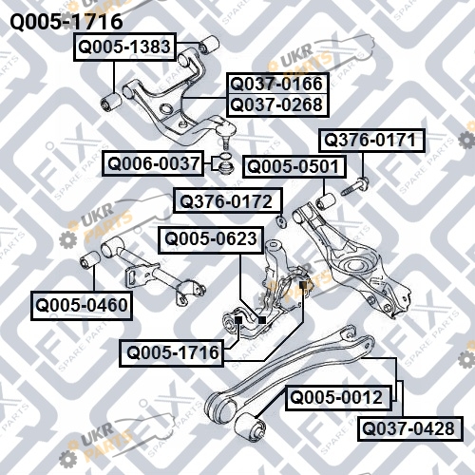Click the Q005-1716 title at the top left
click(x=66, y=22)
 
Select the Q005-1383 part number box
click(x=124, y=47)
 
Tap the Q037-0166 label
click(x=276, y=84)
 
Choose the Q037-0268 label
click(x=276, y=105)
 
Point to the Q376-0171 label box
click(x=371, y=141)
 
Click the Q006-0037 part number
click(x=153, y=163)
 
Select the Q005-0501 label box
click(x=294, y=166)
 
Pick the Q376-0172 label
click(x=227, y=201)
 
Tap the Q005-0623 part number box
click(x=211, y=239)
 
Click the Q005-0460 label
click(x=82, y=305)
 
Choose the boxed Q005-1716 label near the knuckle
click(x=171, y=352)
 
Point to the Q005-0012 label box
click(x=338, y=397)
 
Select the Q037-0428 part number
click(x=410, y=428)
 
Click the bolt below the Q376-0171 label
click(x=355, y=187)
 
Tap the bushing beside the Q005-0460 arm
click(x=90, y=260)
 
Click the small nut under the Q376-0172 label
click(x=281, y=221)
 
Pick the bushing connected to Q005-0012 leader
click(x=250, y=426)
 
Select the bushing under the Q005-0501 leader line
click(x=326, y=201)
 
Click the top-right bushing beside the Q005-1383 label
click(x=209, y=45)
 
